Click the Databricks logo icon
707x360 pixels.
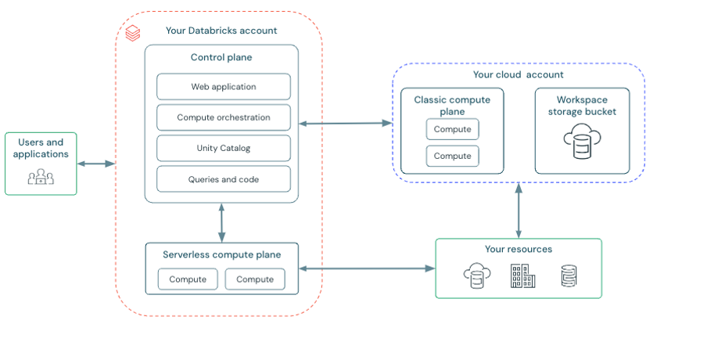point(133,33)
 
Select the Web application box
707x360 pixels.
point(224,87)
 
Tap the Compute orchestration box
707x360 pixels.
point(224,117)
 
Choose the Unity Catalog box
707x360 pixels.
point(224,148)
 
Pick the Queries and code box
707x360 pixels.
point(224,179)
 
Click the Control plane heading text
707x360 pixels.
point(221,57)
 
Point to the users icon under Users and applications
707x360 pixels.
point(41,176)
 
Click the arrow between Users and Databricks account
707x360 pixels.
point(96,164)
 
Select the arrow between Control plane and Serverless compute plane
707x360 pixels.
point(221,223)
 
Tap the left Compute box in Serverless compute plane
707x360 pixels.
point(188,279)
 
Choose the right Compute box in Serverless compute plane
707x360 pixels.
point(255,279)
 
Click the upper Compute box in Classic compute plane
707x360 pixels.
point(453,129)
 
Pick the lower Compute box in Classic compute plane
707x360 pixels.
point(453,156)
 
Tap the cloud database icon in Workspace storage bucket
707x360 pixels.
point(582,141)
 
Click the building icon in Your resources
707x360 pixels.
point(522,275)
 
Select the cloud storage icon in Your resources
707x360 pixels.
point(477,275)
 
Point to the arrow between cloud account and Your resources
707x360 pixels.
point(519,211)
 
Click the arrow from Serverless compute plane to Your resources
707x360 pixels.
point(367,268)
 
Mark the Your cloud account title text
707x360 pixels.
point(518,75)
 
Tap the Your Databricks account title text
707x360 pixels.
point(221,31)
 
